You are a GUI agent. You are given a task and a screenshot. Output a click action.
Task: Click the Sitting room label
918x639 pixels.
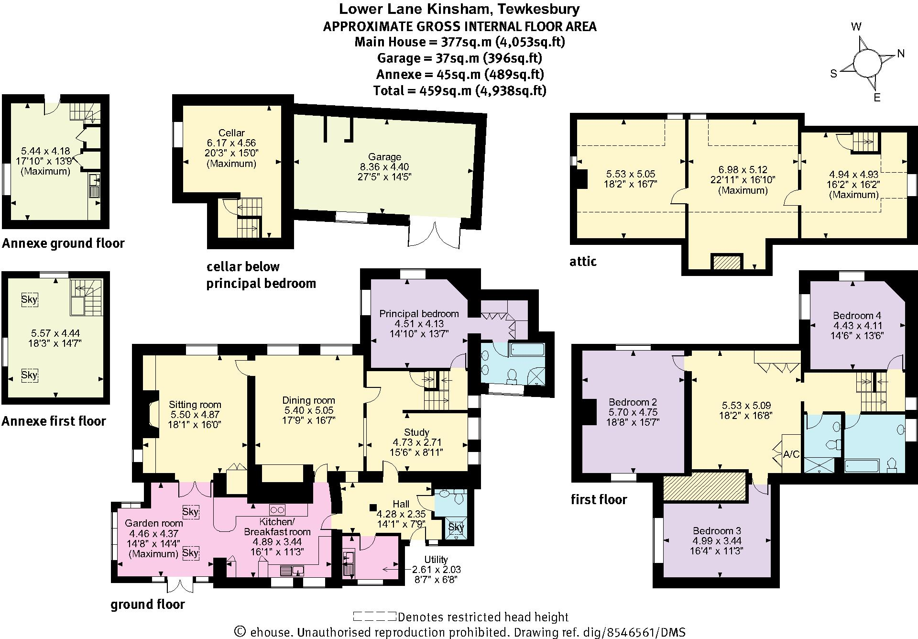(195, 405)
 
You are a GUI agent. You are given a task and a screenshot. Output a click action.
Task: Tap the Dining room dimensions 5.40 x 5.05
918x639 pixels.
(308, 410)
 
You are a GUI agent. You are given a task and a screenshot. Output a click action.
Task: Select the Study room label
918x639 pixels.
(416, 432)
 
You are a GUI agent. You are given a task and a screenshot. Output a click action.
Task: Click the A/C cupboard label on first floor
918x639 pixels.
(791, 454)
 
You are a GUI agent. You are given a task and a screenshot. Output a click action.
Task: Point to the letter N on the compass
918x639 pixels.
(901, 54)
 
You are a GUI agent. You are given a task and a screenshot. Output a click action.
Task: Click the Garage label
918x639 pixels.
(384, 157)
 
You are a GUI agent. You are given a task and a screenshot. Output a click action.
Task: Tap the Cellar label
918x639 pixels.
(231, 133)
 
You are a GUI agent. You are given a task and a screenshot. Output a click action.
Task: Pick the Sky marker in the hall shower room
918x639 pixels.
(456, 527)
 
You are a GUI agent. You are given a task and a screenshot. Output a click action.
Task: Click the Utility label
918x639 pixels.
(436, 559)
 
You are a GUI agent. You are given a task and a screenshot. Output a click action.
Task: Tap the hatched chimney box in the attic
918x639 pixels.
(727, 263)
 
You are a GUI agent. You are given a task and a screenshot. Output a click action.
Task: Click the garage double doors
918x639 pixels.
(435, 233)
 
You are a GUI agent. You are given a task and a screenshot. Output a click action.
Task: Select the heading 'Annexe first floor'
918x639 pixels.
(54, 421)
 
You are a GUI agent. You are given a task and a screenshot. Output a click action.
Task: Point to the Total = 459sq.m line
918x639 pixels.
(459, 90)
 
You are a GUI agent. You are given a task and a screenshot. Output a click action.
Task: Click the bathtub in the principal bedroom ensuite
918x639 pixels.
(526, 350)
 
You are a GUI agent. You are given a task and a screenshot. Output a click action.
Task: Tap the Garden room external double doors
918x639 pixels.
(180, 586)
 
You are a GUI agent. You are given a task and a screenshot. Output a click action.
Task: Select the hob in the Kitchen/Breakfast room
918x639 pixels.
(278, 509)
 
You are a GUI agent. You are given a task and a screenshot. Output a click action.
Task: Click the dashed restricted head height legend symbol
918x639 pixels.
(374, 617)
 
